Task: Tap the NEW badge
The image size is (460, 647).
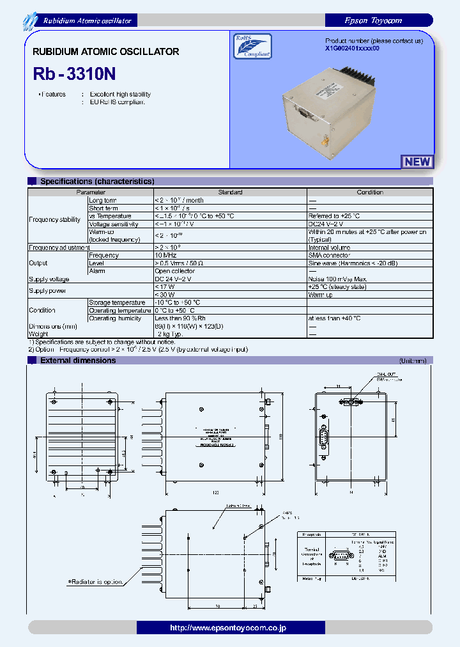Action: click(417, 162)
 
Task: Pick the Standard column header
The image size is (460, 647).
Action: click(230, 192)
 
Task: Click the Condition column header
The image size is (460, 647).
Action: click(370, 192)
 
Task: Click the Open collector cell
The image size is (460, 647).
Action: click(175, 271)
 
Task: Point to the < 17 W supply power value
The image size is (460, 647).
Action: click(165, 287)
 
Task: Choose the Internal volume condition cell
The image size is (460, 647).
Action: click(330, 247)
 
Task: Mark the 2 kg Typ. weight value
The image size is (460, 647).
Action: click(169, 334)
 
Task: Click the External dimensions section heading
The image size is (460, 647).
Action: click(78, 361)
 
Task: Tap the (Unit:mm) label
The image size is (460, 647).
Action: click(413, 361)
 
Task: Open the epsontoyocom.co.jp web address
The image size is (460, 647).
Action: click(229, 628)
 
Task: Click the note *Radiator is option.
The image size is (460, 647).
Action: click(96, 582)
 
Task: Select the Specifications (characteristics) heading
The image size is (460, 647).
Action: click(97, 182)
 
